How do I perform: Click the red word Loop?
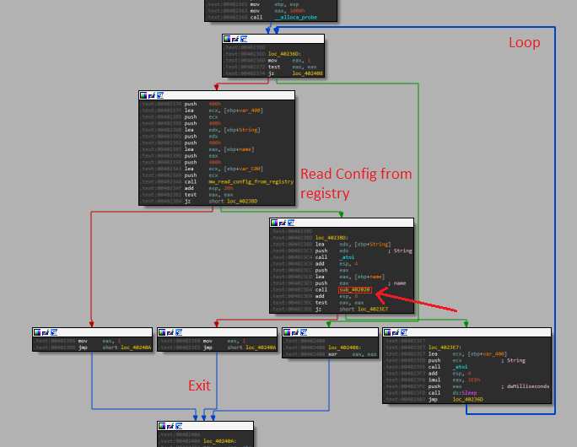tap(524, 42)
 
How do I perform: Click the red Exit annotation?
tap(199, 385)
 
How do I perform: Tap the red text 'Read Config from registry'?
tap(356, 183)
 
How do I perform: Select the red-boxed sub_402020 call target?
tap(354, 290)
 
